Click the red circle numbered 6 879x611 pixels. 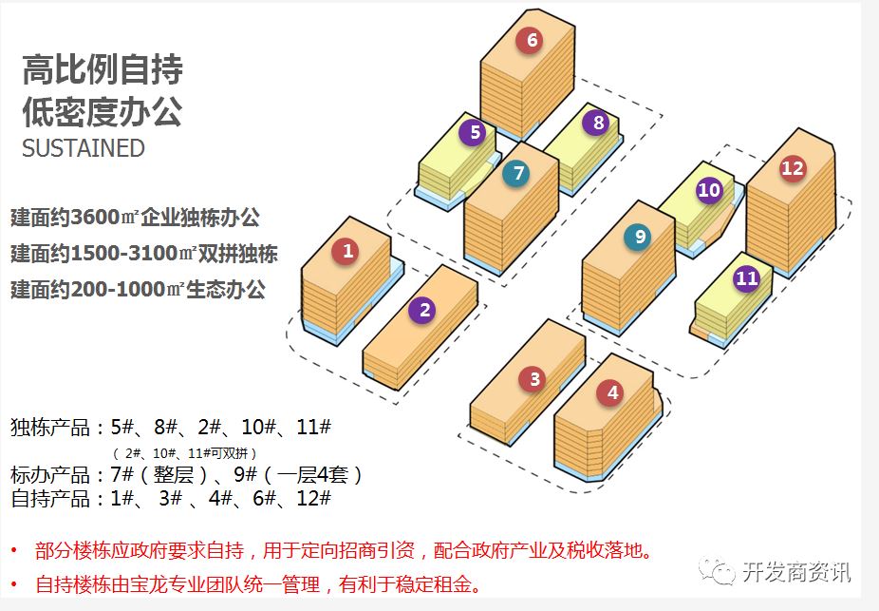pos(532,40)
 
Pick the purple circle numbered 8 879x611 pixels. pos(598,123)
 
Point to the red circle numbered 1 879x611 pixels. pos(347,251)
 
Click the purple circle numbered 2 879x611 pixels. pos(424,309)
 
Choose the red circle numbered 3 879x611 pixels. pos(534,380)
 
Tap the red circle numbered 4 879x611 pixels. pos(612,391)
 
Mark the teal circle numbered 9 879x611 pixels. pos(640,238)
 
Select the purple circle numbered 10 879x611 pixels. pos(709,190)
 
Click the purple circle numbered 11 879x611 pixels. pos(747,278)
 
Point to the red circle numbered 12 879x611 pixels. pos(792,169)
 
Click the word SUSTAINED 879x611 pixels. pos(84,149)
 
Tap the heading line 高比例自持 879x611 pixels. pos(103,69)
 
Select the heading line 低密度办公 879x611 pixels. pos(103,111)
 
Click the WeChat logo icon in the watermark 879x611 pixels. pos(717,572)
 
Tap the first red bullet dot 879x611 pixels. pos(14,551)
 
